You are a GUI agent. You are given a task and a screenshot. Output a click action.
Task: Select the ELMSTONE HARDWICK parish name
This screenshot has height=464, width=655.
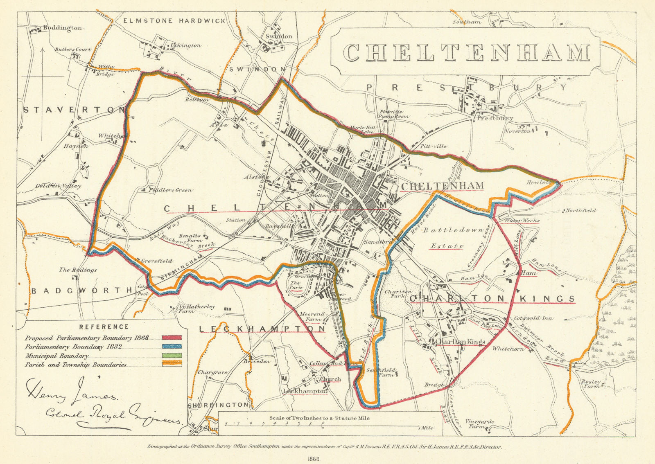(174, 20)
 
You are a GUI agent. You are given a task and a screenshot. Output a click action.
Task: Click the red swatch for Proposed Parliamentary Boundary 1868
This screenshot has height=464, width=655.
(172, 338)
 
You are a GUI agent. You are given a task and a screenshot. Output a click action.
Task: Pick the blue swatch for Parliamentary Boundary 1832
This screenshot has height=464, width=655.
(172, 347)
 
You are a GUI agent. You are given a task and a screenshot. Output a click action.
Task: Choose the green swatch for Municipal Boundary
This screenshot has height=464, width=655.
(172, 356)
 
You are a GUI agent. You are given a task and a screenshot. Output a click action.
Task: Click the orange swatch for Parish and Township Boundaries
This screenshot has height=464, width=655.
(172, 364)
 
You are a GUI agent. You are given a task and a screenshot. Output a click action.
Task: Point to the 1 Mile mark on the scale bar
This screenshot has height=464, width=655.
(426, 428)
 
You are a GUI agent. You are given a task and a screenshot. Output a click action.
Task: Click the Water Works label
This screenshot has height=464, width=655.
(522, 221)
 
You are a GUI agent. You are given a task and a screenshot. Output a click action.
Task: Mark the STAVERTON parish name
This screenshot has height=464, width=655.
(74, 110)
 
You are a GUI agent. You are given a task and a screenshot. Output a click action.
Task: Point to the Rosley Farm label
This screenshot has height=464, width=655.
(591, 384)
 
